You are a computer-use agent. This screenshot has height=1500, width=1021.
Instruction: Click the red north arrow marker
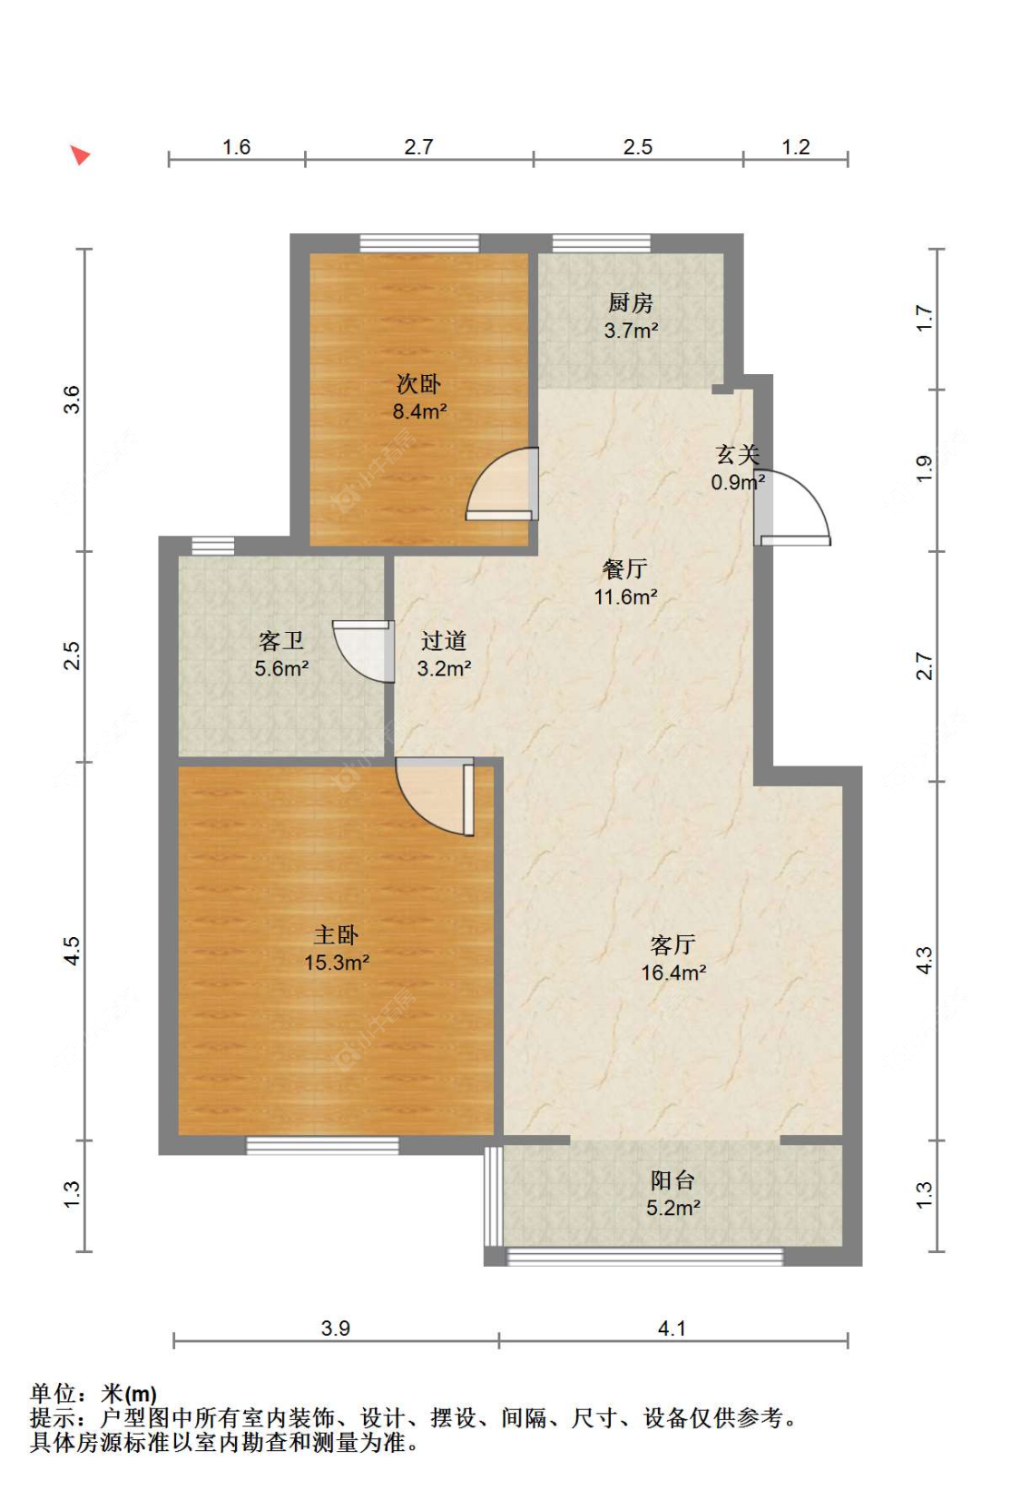(81, 155)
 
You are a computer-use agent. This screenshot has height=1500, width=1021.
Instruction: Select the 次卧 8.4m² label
(419, 397)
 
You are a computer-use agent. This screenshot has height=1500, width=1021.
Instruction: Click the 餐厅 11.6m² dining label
(625, 583)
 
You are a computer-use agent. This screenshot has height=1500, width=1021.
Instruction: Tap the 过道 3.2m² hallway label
(444, 655)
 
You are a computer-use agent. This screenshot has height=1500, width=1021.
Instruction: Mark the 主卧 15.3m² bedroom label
(337, 948)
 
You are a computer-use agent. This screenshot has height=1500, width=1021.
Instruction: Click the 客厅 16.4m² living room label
(673, 958)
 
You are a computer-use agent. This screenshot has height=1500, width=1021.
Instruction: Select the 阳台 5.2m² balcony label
(672, 1194)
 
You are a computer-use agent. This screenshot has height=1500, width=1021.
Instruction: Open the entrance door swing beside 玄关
(792, 508)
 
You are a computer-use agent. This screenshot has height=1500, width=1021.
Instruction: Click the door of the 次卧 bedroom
(502, 483)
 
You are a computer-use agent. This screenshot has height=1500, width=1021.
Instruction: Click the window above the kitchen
(601, 243)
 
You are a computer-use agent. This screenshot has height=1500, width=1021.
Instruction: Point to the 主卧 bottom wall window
(323, 1146)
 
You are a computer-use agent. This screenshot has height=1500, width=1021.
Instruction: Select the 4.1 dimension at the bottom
(672, 1327)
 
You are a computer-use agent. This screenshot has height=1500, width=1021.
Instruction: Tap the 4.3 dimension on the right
(923, 960)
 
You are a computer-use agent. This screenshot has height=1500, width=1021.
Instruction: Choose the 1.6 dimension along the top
(236, 147)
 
